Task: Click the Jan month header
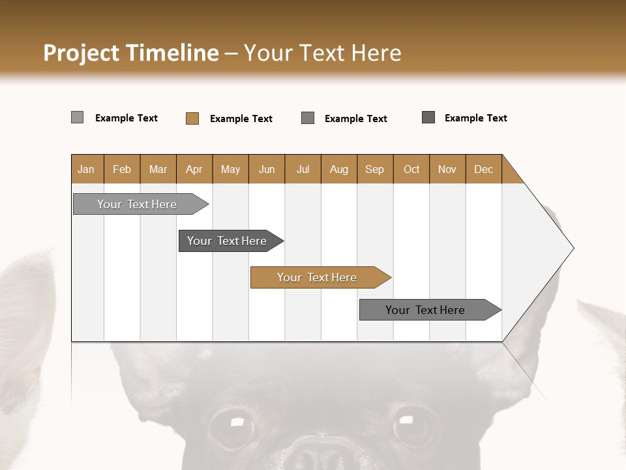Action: (87, 169)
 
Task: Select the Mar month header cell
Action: (158, 169)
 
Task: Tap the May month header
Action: (230, 169)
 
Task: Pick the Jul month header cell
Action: (303, 169)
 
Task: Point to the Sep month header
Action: (374, 169)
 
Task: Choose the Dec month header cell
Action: (483, 169)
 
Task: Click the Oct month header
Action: (411, 169)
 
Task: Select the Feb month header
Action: (122, 169)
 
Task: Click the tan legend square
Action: (192, 118)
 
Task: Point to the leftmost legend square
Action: (78, 117)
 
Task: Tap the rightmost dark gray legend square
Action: (428, 117)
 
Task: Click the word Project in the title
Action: (81, 53)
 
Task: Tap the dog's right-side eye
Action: (411, 426)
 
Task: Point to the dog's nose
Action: (321, 454)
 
